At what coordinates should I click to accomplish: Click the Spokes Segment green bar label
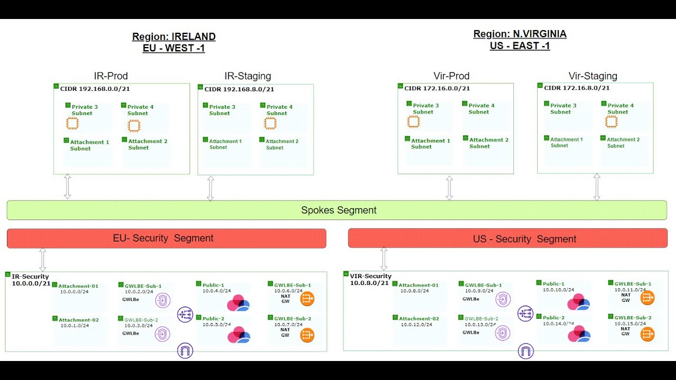coord(339,210)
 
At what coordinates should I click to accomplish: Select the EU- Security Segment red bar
coord(167,238)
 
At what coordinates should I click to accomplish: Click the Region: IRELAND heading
coord(174,36)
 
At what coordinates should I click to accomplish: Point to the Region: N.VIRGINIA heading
coord(520,34)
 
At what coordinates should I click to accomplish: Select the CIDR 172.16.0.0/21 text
coord(437,88)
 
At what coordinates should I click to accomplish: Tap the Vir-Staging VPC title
coord(593,76)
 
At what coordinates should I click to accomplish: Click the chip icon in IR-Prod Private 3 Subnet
coord(72,123)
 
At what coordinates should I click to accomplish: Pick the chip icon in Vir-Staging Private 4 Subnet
coord(611,121)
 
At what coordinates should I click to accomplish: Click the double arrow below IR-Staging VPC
coord(210,188)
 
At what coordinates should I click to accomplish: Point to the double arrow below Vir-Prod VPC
coord(449,188)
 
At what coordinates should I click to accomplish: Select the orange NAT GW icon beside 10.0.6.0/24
coord(307,299)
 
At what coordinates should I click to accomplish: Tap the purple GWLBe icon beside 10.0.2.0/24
coord(163,300)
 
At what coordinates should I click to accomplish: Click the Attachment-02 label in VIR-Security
coord(419,318)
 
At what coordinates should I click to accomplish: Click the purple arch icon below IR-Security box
coord(185,351)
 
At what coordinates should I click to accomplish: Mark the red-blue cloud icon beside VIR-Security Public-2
coord(579,334)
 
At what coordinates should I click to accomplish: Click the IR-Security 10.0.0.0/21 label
coord(31,280)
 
